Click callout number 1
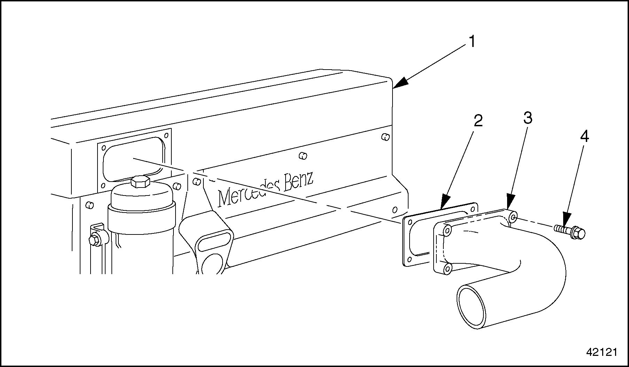coord(472,42)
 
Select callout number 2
coord(478,121)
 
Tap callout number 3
coord(528,119)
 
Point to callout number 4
coord(584,136)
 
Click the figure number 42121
coord(601,352)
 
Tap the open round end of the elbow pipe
coord(472,306)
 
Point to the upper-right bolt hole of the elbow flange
coord(513,218)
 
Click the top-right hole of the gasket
coord(473,208)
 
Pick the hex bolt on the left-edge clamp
coord(94,240)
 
